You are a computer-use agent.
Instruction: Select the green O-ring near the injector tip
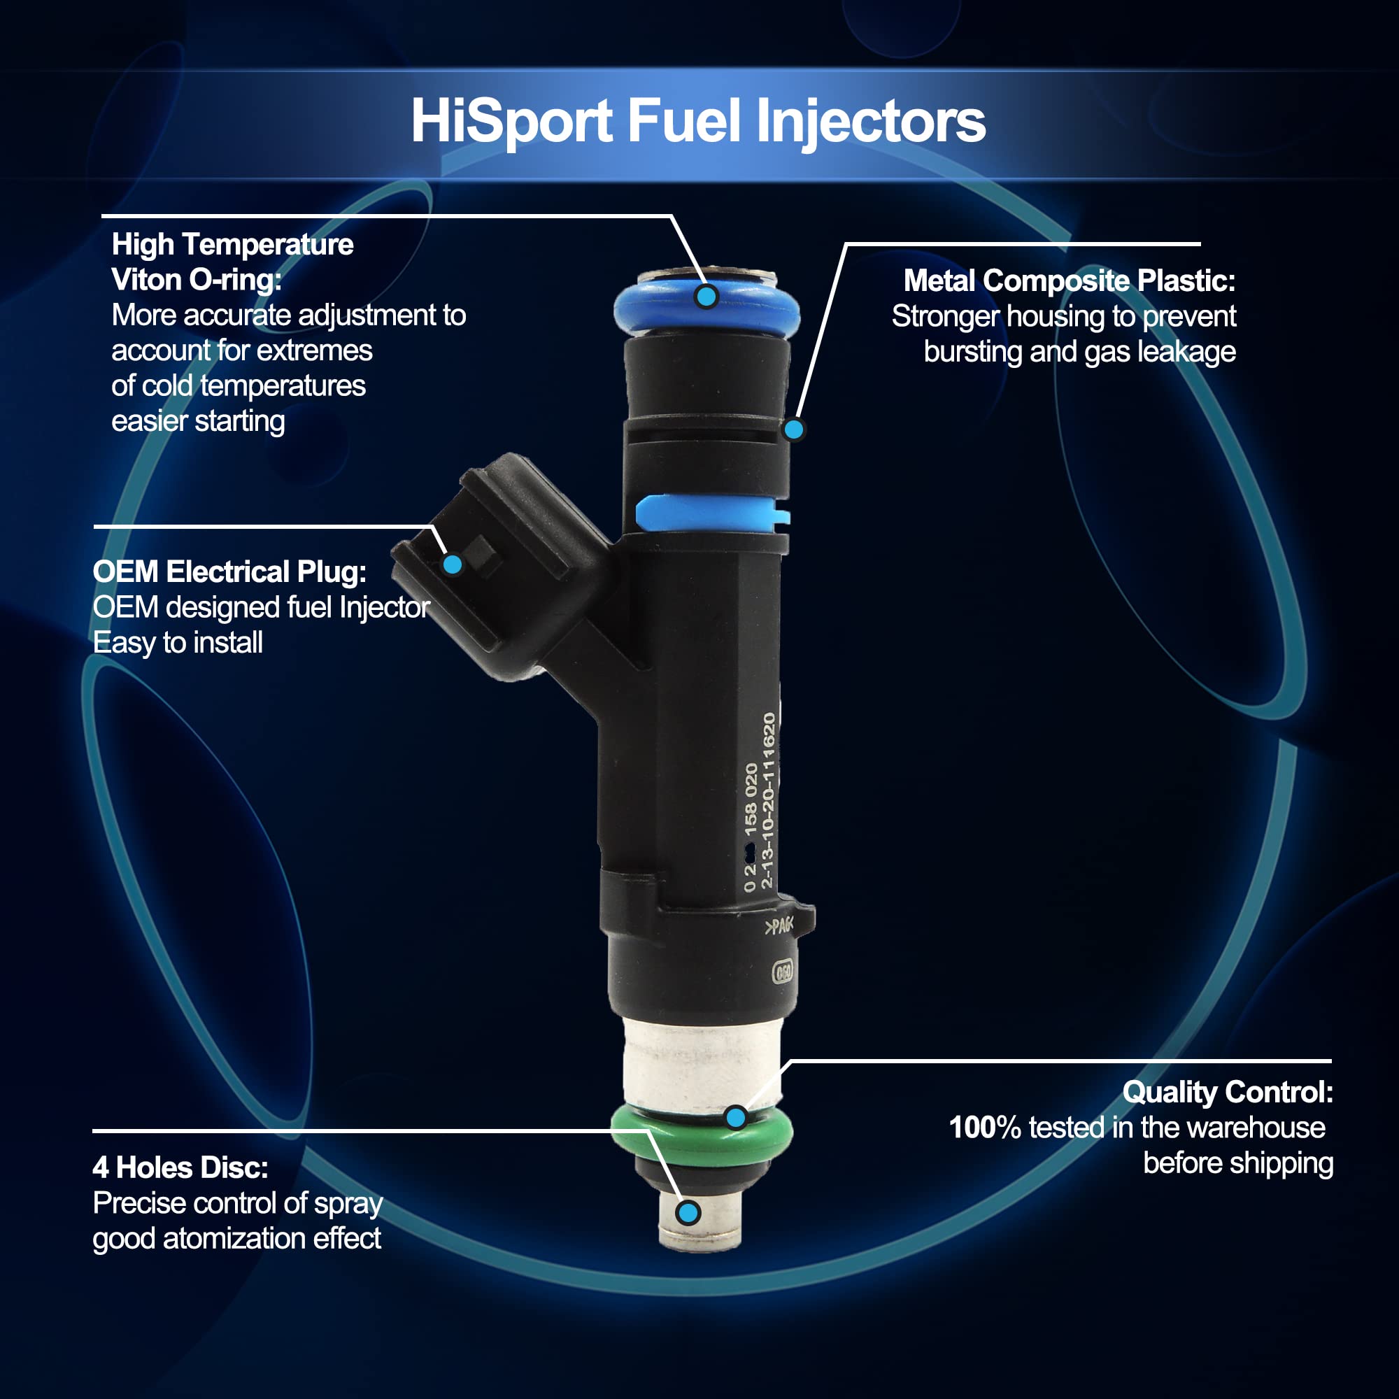click(702, 1133)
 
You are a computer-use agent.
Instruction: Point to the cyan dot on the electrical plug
click(453, 564)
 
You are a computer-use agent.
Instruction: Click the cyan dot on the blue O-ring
click(706, 295)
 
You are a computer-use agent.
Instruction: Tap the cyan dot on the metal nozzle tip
click(688, 1212)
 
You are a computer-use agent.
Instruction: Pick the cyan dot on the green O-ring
click(736, 1117)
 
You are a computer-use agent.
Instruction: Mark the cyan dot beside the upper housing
click(794, 429)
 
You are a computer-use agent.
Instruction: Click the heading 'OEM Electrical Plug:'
click(229, 572)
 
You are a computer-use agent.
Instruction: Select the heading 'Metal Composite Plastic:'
click(1070, 280)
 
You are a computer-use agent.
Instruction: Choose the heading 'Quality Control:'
click(1228, 1092)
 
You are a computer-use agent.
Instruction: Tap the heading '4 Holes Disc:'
click(180, 1167)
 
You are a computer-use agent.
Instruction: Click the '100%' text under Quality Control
click(985, 1128)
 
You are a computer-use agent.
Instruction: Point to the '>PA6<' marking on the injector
click(779, 926)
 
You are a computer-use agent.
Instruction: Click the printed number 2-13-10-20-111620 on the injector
click(768, 801)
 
